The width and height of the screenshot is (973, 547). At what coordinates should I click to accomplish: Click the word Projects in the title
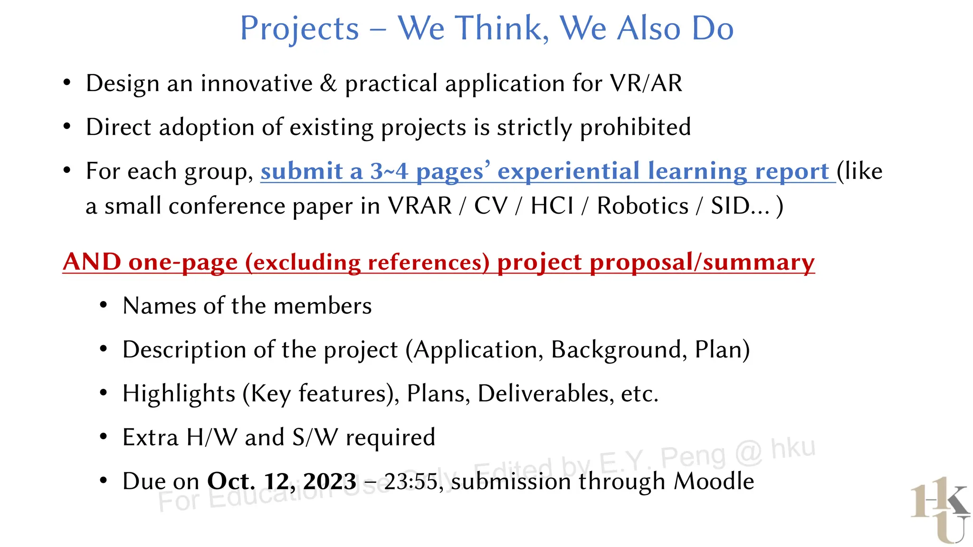[299, 28]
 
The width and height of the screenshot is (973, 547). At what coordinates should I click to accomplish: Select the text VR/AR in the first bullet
[646, 84]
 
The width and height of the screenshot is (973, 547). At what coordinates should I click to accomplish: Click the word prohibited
[635, 127]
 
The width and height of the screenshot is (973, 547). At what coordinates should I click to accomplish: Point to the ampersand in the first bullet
[328, 84]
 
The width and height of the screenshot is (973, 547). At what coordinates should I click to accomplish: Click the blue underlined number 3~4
[389, 171]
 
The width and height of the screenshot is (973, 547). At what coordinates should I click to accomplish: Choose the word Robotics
[642, 206]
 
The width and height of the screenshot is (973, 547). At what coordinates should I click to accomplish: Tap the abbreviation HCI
[552, 206]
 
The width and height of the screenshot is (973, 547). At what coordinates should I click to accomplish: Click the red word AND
[92, 262]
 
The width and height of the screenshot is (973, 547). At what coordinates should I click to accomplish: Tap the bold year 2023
[330, 481]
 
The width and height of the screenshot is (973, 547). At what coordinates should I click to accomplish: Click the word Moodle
[714, 481]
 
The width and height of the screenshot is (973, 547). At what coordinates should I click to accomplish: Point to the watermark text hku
[792, 448]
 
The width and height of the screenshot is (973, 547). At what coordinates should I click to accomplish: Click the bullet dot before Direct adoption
[67, 127]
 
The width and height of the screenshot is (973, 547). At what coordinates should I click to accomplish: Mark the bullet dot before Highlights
[104, 393]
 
